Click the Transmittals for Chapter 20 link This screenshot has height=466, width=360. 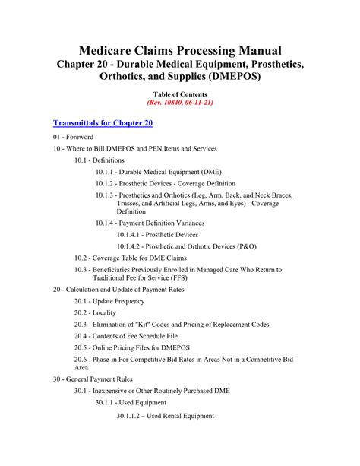click(103, 122)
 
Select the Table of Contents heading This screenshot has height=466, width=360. click(180, 93)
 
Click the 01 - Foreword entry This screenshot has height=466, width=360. click(74, 137)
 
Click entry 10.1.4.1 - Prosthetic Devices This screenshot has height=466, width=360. click(157, 235)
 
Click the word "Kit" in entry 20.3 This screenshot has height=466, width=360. click(153, 325)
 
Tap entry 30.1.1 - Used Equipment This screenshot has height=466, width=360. click(131, 403)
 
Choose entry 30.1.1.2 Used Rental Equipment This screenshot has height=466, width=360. click(165, 416)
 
